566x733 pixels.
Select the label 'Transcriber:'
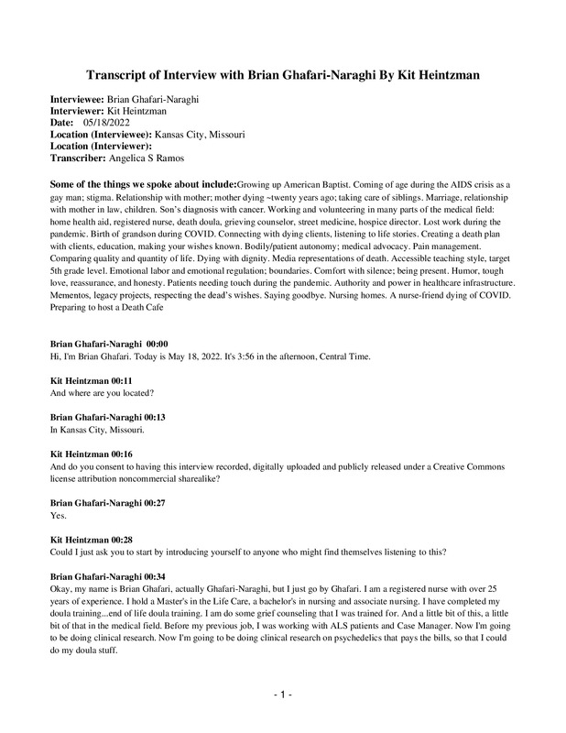click(x=80, y=156)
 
